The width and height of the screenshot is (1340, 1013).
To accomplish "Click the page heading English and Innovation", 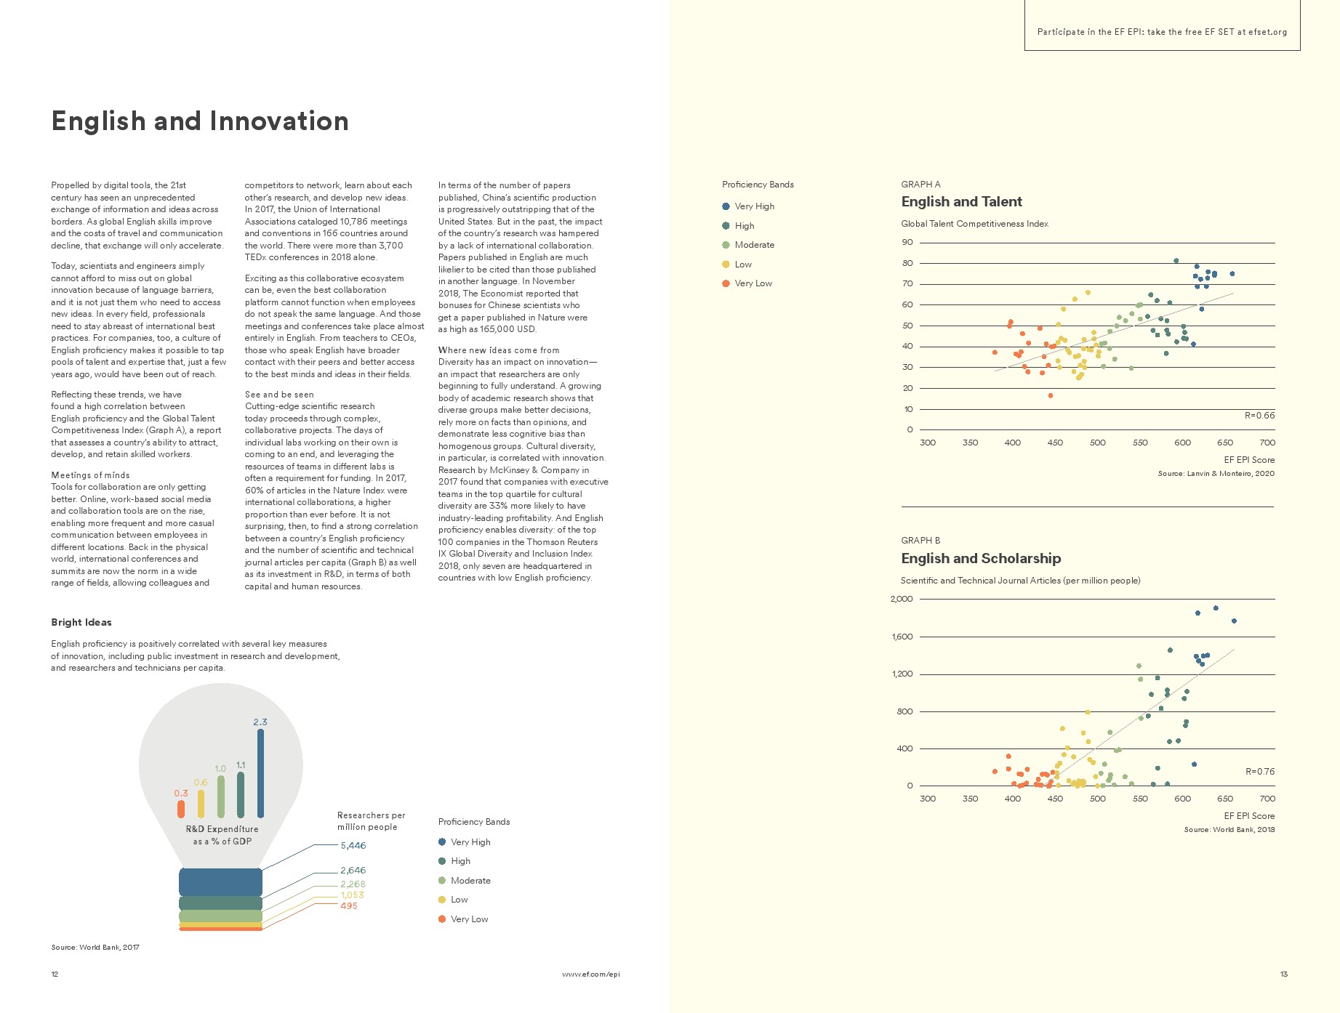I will (200, 121).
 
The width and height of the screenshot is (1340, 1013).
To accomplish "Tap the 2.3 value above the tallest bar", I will (260, 722).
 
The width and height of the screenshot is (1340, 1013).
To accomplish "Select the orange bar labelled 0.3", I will (181, 808).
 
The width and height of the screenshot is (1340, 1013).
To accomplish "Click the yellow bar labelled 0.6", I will (201, 803).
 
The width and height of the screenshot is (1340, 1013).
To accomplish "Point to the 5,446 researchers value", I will (353, 846).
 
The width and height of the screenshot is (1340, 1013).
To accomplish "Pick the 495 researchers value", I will (349, 906).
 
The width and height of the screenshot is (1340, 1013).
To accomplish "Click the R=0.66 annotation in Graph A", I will (1259, 416).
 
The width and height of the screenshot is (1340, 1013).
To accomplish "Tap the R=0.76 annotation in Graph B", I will (1259, 772).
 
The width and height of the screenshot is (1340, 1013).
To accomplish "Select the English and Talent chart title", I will (961, 202).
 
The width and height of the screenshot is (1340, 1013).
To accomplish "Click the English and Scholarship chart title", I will (981, 559).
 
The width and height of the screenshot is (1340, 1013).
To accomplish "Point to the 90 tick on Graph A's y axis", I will (907, 243).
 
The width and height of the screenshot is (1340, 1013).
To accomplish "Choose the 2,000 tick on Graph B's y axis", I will (902, 600).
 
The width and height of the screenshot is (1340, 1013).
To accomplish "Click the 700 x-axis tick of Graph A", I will (1267, 443).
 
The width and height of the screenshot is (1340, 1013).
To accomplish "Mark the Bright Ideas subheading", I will (81, 623).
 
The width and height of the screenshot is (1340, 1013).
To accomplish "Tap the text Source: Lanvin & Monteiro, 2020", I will (1216, 474).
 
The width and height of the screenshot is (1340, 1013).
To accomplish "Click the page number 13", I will (1284, 974).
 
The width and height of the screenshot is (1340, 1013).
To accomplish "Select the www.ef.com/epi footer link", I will (590, 974).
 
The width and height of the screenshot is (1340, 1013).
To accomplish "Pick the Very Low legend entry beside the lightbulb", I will (469, 919).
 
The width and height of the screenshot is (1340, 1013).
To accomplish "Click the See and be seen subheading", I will (279, 395).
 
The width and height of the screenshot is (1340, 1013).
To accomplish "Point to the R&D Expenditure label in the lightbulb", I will (222, 829).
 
